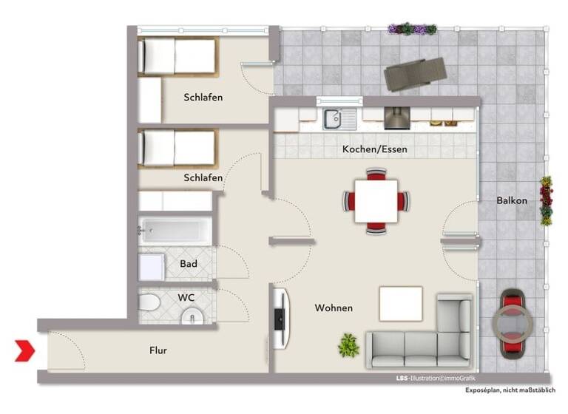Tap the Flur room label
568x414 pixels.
(158, 350)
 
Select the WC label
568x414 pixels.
(186, 297)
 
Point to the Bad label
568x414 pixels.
(188, 263)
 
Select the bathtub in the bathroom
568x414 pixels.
(175, 230)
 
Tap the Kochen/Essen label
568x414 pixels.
(374, 149)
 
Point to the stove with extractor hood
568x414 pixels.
(396, 117)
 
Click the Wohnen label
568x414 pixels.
(333, 308)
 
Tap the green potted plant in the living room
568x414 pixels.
(348, 345)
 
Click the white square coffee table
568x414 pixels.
(401, 303)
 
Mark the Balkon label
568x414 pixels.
(511, 200)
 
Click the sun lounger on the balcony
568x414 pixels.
(414, 73)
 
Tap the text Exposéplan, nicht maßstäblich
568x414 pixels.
(510, 390)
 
